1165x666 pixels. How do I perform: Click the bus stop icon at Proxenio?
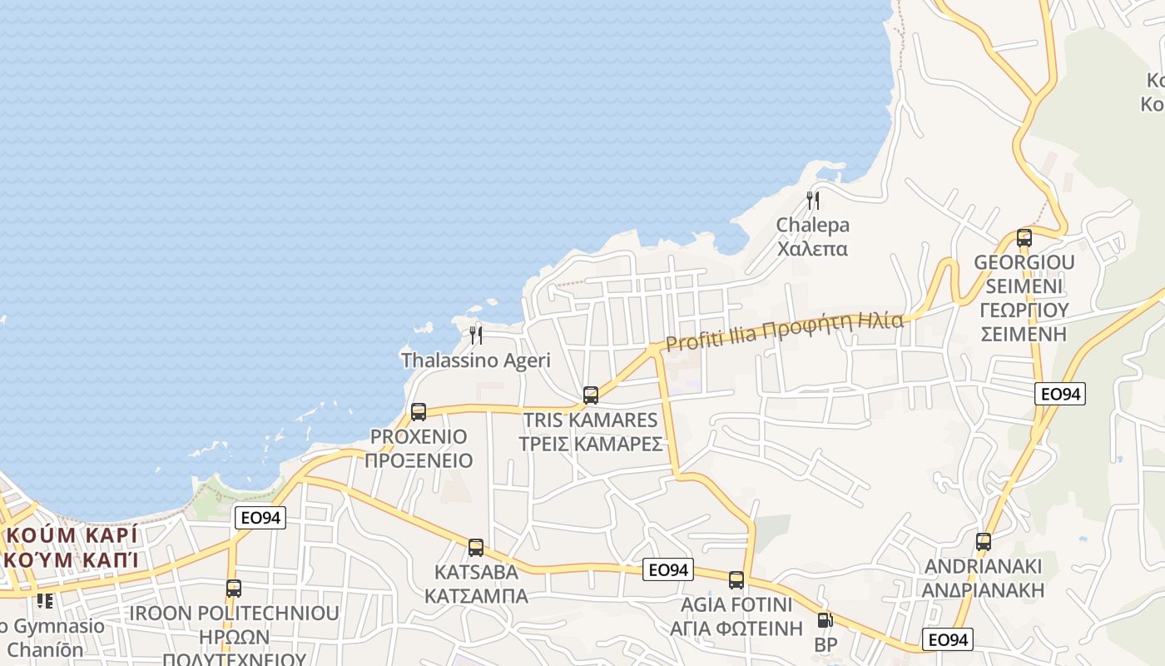pyautogui.click(x=419, y=411)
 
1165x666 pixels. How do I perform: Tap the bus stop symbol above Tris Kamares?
pyautogui.click(x=591, y=395)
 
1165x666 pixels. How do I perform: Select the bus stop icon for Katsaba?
pyautogui.click(x=476, y=547)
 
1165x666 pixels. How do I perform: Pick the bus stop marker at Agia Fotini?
pyautogui.click(x=736, y=579)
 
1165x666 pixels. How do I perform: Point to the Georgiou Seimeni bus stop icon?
pyautogui.click(x=1024, y=237)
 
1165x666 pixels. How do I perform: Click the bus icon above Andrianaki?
pyautogui.click(x=984, y=542)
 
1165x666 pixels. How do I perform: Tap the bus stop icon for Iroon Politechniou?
pyautogui.click(x=234, y=588)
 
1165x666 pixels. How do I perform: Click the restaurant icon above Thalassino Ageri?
pyautogui.click(x=476, y=335)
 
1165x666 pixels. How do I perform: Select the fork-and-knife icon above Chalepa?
pyautogui.click(x=813, y=200)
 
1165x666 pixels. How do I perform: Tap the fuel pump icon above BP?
pyautogui.click(x=825, y=620)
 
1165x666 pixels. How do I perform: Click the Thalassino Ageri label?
pyautogui.click(x=476, y=360)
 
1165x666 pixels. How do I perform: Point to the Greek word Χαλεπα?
pyautogui.click(x=812, y=249)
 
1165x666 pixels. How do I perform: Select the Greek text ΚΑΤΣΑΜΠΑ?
pyautogui.click(x=476, y=596)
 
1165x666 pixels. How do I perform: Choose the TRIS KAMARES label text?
pyautogui.click(x=590, y=420)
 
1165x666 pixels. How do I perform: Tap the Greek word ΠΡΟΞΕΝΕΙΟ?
pyautogui.click(x=419, y=460)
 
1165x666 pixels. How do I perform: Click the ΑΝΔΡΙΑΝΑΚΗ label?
pyautogui.click(x=984, y=590)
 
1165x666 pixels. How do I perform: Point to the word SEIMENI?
pyautogui.click(x=1024, y=286)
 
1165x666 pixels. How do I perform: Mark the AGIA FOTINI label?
pyautogui.click(x=736, y=604)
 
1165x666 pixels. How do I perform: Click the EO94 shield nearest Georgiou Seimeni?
pyautogui.click(x=1060, y=394)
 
